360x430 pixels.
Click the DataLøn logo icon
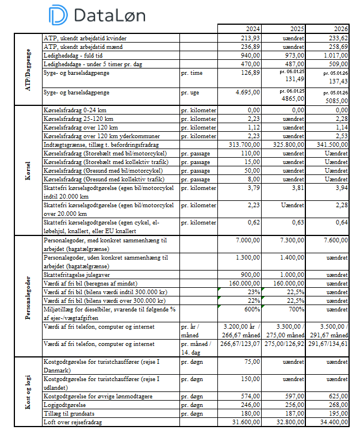click(58, 14)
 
